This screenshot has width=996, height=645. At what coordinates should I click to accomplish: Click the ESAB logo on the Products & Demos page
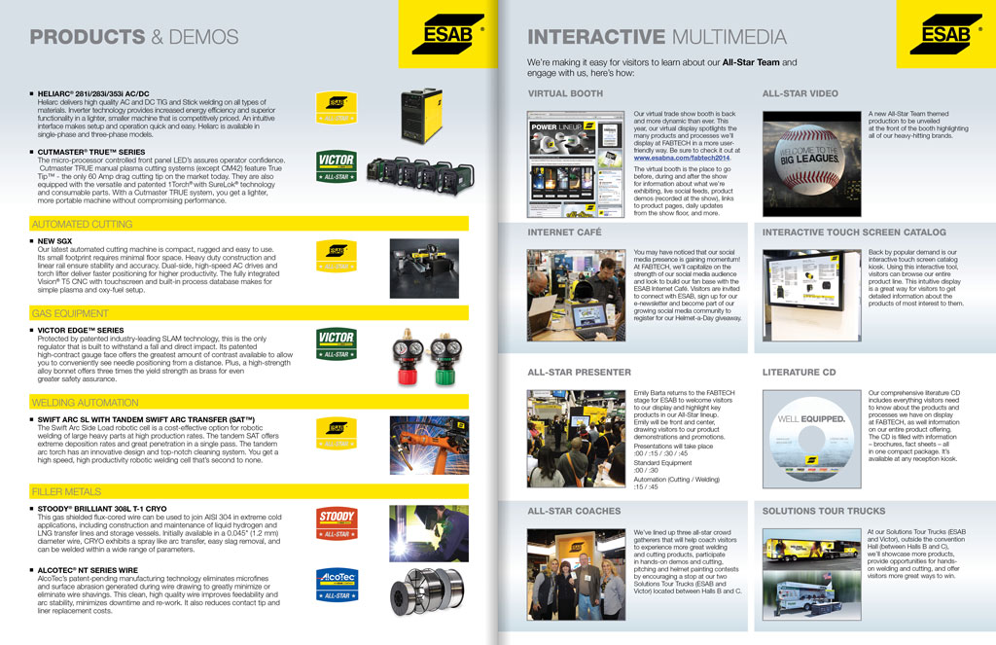[x=447, y=35]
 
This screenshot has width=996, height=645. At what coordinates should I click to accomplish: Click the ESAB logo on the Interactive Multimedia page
[x=945, y=35]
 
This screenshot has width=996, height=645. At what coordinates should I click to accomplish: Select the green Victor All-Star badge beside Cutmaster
[x=337, y=167]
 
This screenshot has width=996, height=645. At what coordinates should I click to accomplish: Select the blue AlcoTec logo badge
[x=337, y=585]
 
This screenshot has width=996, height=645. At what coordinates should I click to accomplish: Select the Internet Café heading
[x=564, y=233]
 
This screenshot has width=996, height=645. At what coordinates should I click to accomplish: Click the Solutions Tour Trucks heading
[x=823, y=511]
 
